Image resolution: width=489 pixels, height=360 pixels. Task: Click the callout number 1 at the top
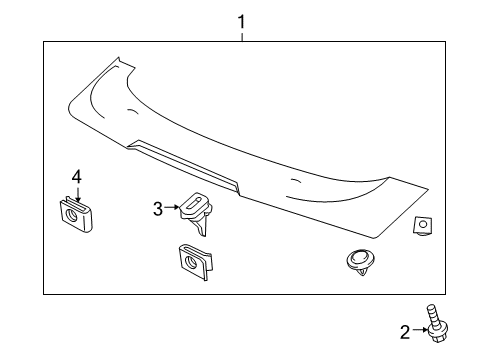241,22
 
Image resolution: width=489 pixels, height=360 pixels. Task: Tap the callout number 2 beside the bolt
405,332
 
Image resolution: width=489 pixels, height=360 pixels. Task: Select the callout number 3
158,209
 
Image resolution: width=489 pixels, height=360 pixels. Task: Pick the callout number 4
77,177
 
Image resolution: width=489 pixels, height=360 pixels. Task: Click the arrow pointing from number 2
420,330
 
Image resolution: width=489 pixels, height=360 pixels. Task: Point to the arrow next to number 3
172,207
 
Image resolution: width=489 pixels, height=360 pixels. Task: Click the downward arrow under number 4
78,195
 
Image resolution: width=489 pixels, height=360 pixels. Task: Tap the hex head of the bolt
438,333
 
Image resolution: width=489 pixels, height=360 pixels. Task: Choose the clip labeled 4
76,214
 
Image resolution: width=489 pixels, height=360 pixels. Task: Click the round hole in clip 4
72,216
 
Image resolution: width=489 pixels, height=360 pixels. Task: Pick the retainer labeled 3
196,213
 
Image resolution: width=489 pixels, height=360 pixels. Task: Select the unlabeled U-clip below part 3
195,262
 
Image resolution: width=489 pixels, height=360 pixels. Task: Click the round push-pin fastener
361,262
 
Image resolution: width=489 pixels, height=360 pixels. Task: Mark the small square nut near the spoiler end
423,225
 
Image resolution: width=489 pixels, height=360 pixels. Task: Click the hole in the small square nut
423,224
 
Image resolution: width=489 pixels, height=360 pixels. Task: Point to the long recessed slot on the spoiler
184,166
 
